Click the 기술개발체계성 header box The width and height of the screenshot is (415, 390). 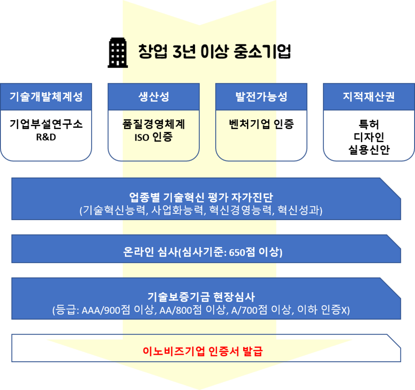click(x=46, y=97)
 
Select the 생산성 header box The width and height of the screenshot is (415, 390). click(x=153, y=97)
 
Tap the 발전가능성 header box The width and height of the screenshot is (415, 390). click(x=261, y=97)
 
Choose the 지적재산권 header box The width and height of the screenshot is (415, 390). click(x=369, y=97)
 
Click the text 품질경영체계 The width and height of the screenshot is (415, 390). click(x=153, y=124)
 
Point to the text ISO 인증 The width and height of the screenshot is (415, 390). click(x=153, y=138)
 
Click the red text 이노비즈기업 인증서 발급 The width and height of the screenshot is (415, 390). click(x=203, y=352)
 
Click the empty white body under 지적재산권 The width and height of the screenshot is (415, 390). click(x=369, y=135)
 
